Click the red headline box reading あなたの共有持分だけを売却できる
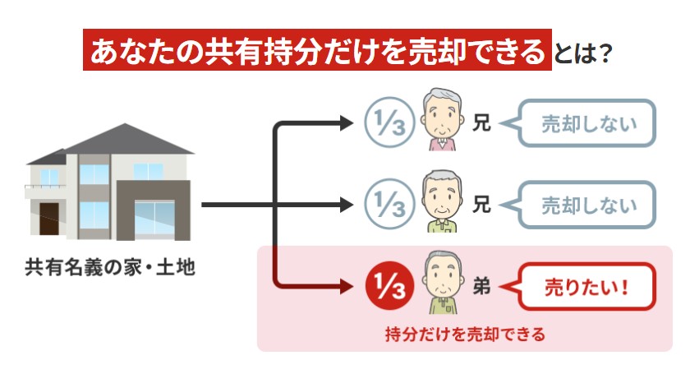click(317, 51)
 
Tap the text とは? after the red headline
click(585, 52)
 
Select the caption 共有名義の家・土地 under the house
click(110, 267)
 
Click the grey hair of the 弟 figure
click(442, 262)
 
